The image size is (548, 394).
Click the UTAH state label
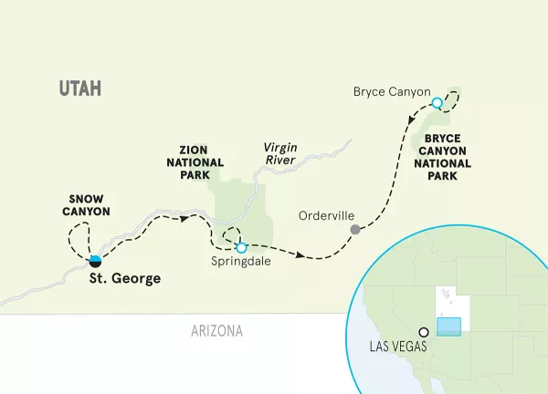[79, 88]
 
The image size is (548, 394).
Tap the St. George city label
[123, 279]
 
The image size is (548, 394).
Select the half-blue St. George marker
[96, 261]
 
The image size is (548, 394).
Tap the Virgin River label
[282, 153]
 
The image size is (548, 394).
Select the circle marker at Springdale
[241, 246]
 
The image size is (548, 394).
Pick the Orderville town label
[325, 217]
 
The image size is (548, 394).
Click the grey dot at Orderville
[356, 230]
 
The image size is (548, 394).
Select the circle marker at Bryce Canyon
[437, 103]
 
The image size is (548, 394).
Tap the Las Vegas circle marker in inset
[424, 333]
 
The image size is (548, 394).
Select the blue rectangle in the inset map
[449, 327]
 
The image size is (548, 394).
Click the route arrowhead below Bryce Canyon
[413, 119]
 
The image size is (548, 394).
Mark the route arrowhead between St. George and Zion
[185, 218]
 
